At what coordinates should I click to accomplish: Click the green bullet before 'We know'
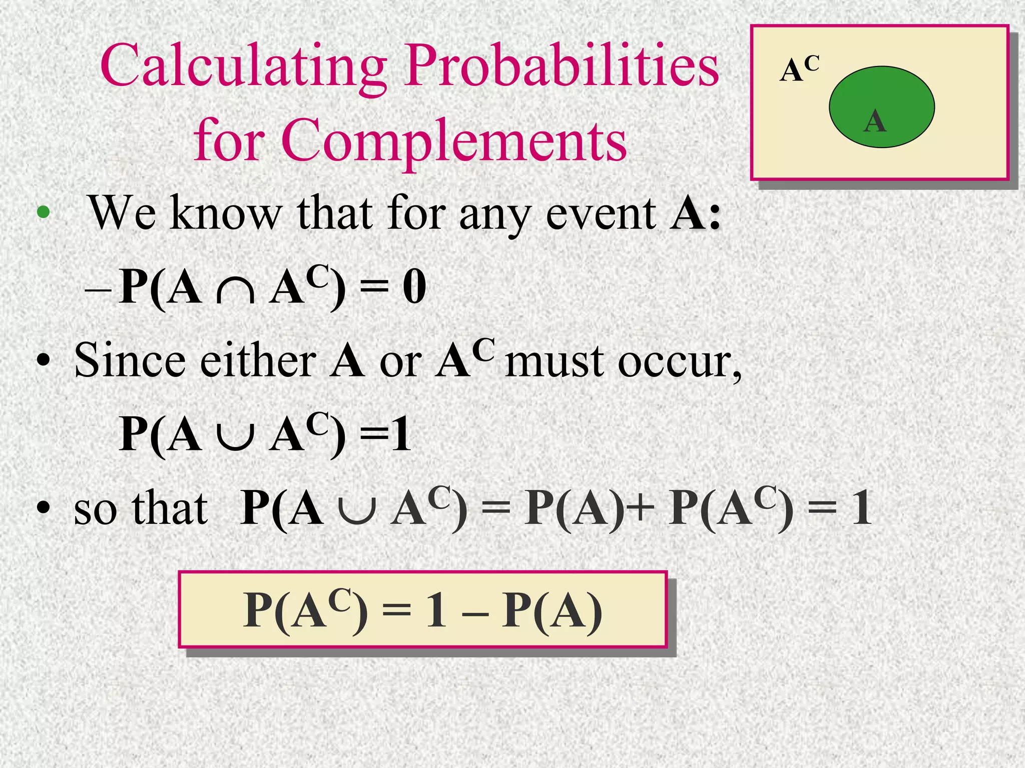coord(44,212)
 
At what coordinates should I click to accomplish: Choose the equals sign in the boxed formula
coord(396,611)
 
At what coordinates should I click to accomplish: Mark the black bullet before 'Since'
coord(44,361)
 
